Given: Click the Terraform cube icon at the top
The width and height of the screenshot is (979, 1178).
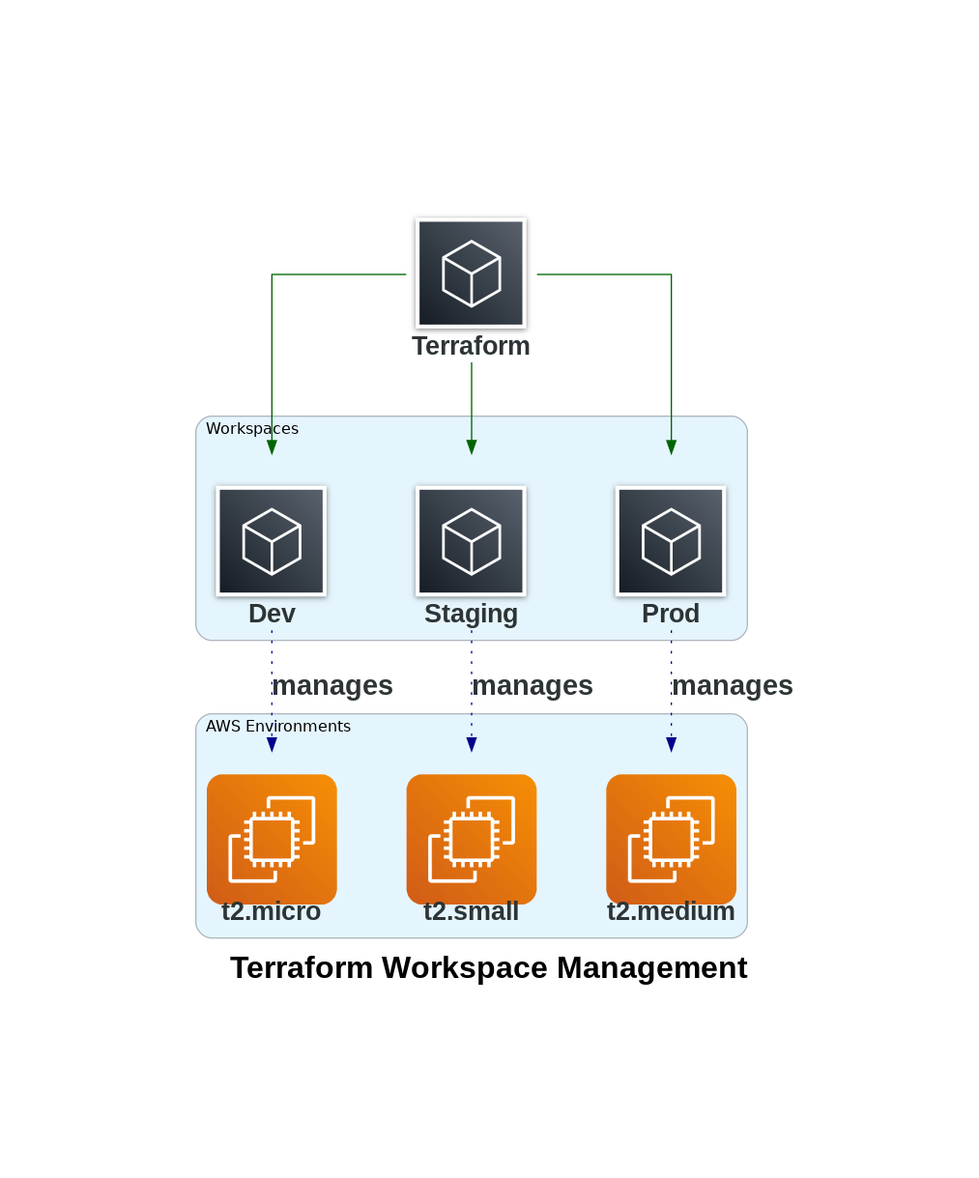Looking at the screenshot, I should pyautogui.click(x=471, y=273).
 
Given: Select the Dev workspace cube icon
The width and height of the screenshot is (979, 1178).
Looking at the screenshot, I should pyautogui.click(x=272, y=541).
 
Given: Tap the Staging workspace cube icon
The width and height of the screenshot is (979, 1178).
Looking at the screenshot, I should pyautogui.click(x=471, y=541).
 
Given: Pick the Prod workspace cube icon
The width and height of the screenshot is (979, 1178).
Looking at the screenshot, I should pyautogui.click(x=671, y=541).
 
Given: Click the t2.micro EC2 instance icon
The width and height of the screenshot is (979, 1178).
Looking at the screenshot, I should pyautogui.click(x=272, y=838).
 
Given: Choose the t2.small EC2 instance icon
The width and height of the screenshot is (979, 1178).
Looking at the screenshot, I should pyautogui.click(x=471, y=838).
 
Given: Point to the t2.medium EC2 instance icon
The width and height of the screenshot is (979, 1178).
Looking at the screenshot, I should pyautogui.click(x=671, y=838).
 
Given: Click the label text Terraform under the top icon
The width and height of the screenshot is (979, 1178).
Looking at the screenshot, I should pyautogui.click(x=471, y=346).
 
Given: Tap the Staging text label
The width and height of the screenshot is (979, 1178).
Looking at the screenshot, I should pyautogui.click(x=471, y=614).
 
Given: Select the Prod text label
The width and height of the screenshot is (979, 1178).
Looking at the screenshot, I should pyautogui.click(x=671, y=614).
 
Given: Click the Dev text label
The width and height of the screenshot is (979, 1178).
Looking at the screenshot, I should pyautogui.click(x=272, y=614).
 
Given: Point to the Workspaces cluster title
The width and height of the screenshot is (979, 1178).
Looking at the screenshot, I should pyautogui.click(x=252, y=429).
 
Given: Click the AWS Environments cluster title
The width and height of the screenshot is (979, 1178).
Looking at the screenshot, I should pyautogui.click(x=278, y=727).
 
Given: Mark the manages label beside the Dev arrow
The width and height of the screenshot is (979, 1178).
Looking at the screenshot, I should pyautogui.click(x=332, y=685).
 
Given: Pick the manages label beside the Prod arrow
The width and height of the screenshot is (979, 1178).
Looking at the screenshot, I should pyautogui.click(x=733, y=685).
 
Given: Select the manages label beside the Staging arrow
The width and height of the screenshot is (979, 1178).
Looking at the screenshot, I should pyautogui.click(x=533, y=685).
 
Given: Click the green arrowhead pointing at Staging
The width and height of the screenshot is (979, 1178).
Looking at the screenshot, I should pyautogui.click(x=472, y=447).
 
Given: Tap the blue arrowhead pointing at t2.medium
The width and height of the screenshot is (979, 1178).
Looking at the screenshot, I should pyautogui.click(x=671, y=744).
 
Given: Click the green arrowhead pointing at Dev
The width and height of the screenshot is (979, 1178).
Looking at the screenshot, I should pyautogui.click(x=272, y=447).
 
